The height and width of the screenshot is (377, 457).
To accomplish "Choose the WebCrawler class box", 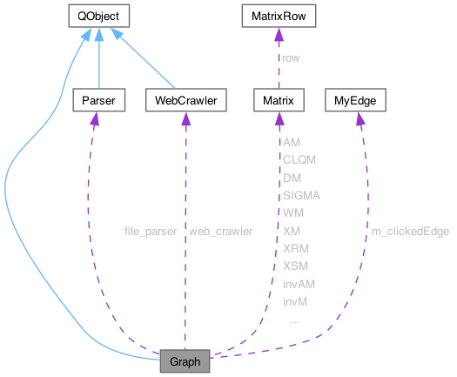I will (185, 102).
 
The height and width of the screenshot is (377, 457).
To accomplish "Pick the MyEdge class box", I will (354, 102).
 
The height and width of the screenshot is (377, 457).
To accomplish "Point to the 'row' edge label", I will (290, 58).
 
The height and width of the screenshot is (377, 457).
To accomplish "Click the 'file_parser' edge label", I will (151, 231).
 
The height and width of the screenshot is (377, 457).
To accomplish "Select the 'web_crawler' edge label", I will (220, 231).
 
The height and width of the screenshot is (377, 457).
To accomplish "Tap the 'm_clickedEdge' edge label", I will (410, 231).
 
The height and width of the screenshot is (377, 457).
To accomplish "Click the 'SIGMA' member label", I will (301, 195).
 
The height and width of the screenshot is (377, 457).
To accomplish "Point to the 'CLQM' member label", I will (299, 159).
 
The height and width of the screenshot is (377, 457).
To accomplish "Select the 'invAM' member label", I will (298, 283).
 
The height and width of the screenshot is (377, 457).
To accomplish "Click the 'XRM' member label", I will (295, 248).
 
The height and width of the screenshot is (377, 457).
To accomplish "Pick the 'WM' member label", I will (293, 212).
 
